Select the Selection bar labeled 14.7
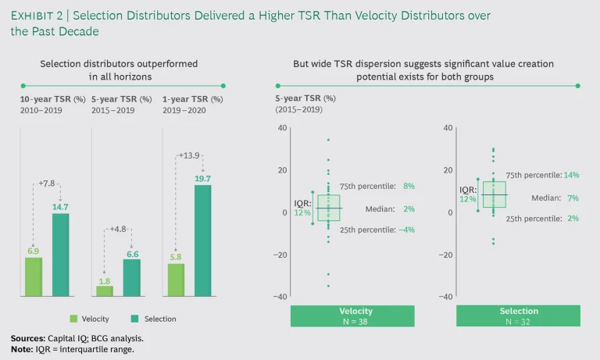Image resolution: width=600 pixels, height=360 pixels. coord(61,255)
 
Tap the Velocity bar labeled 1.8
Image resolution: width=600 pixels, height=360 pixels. coord(105,290)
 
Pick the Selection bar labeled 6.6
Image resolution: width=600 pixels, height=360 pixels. coord(132,277)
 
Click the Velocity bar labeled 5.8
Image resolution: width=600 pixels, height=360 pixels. coord(176,280)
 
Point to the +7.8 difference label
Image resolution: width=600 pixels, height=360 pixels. coord(47,184)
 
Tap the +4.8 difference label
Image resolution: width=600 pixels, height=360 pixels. coord(117,230)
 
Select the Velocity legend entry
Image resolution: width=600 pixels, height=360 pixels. coord(90,319)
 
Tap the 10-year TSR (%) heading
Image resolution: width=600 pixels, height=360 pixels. coord(52,99)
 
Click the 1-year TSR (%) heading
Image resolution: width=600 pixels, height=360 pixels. coord(192,99)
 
